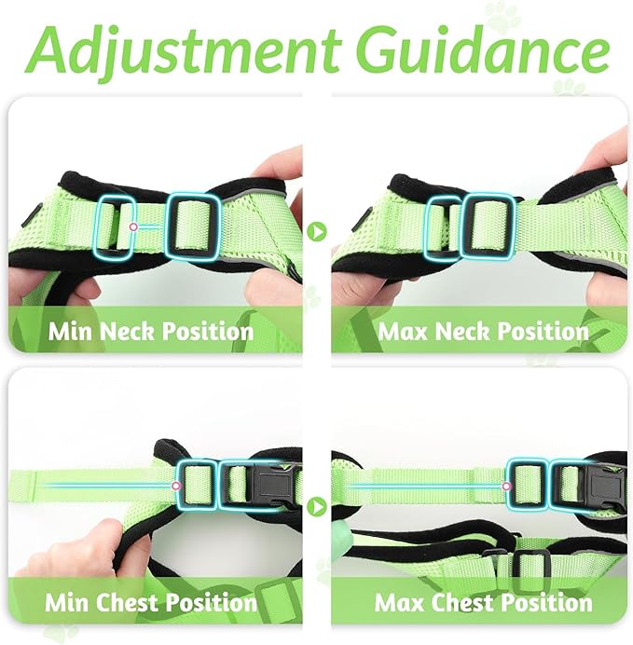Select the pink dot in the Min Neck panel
point(134,226)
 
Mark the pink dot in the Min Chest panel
point(176,485)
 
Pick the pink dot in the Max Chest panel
point(506,486)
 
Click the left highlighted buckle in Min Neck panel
point(117,224)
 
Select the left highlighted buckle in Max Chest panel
point(527,483)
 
